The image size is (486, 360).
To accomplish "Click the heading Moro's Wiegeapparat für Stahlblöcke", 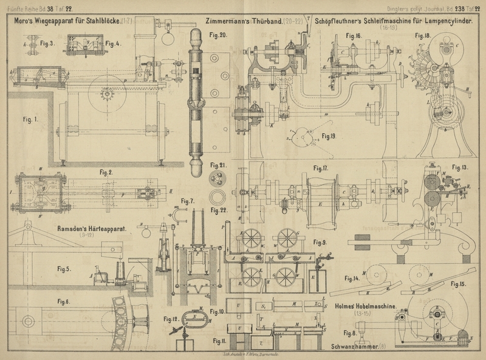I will [64, 21].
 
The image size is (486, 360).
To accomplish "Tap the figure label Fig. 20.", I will [219, 36].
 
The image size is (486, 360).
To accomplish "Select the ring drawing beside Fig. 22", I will [217, 197].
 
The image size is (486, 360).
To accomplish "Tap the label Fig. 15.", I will [459, 284].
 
